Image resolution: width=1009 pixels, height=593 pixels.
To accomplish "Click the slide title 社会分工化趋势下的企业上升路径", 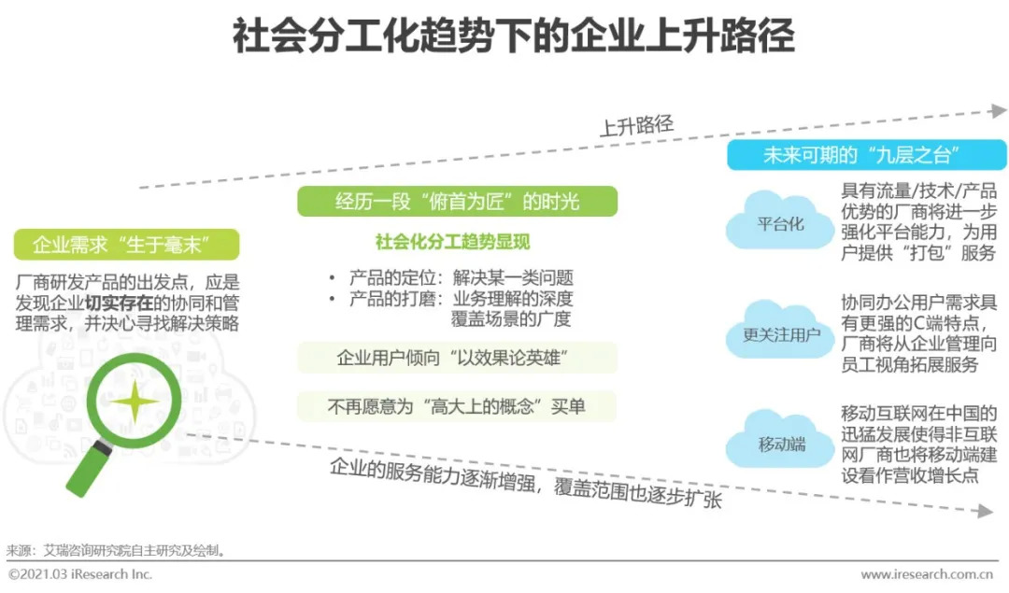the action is (x=513, y=36).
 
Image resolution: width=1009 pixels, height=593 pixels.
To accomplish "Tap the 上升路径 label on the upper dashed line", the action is (x=636, y=125).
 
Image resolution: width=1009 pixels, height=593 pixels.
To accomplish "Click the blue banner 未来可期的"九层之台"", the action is (x=866, y=155).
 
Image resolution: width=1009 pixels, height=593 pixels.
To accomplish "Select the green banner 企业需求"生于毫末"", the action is (x=127, y=245).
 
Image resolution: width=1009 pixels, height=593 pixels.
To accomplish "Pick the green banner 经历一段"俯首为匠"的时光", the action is (x=457, y=202).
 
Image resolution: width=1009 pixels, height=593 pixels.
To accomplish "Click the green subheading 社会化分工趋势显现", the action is (x=452, y=242).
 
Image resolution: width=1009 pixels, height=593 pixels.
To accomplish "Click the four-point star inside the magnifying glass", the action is (x=134, y=402).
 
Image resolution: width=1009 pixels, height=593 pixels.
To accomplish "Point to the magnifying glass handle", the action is (x=88, y=469).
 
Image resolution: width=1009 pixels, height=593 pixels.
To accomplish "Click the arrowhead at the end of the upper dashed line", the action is (x=999, y=110).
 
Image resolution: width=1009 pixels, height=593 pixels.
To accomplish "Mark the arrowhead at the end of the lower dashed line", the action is (x=986, y=512).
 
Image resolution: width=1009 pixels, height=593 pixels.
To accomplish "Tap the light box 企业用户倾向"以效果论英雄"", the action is (x=457, y=358).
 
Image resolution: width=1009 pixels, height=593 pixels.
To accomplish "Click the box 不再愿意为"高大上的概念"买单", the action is (x=457, y=406).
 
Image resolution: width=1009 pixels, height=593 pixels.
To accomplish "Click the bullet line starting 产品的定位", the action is (x=452, y=278).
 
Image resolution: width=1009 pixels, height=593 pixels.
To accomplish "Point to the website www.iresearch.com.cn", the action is (x=927, y=574).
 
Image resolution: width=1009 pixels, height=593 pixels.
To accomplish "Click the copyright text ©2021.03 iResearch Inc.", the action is (x=79, y=574).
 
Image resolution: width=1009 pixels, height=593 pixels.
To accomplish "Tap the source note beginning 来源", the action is (x=116, y=551).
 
